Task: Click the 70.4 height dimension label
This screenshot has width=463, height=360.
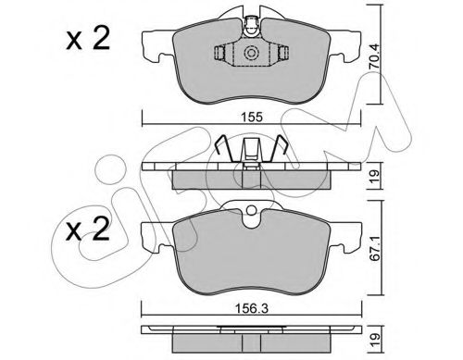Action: tap(375, 56)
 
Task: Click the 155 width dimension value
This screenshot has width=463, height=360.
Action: tap(252, 117)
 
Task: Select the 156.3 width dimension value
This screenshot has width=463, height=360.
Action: tap(252, 308)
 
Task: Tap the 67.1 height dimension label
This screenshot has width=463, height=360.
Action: tap(375, 248)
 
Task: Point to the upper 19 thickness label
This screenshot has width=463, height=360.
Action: tap(375, 177)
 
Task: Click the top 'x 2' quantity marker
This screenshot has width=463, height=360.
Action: tap(88, 39)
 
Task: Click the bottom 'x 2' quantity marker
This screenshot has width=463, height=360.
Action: tap(88, 229)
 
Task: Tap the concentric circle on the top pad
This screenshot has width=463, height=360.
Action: tap(250, 54)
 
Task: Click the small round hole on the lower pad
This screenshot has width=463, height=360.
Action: tap(252, 211)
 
